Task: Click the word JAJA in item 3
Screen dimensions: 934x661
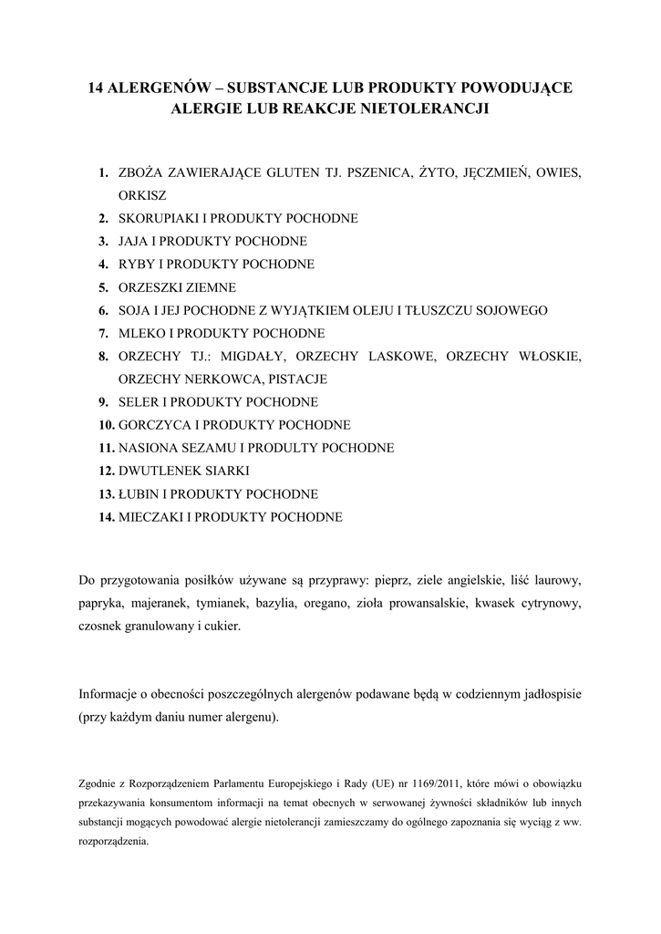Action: coord(134,242)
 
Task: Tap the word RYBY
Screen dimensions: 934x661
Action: coord(136,265)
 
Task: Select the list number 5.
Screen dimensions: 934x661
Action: coord(104,287)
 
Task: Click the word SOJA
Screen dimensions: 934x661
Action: coord(135,311)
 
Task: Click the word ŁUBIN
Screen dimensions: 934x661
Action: coord(139,494)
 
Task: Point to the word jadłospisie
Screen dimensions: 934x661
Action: coord(545,694)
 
